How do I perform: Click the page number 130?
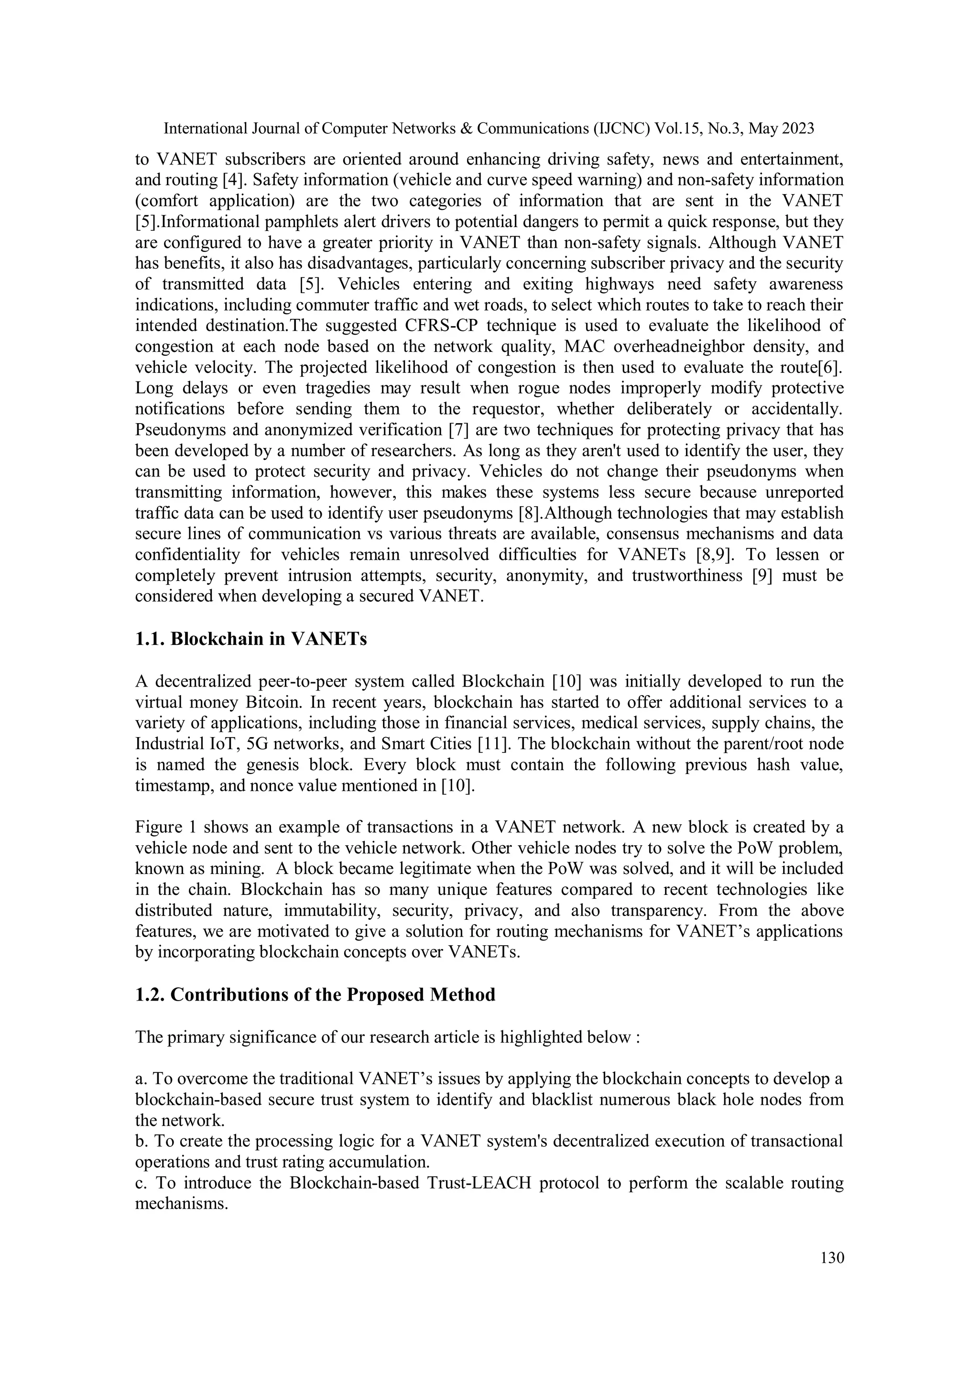832,1258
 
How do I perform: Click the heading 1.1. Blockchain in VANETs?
251,639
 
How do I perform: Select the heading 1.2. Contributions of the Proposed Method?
315,995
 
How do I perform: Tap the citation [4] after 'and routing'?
232,180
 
